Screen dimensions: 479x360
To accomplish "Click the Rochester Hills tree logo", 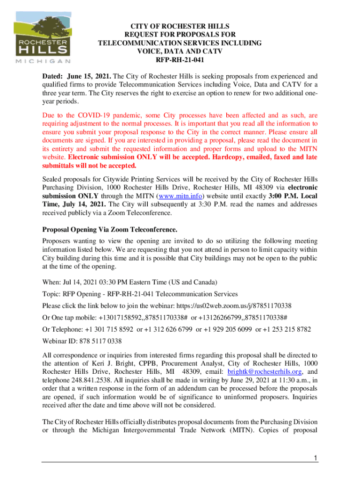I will click(43, 33).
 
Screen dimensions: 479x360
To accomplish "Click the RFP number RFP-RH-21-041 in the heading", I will click(180, 60).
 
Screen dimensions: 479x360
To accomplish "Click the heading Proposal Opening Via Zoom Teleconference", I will click(110, 230).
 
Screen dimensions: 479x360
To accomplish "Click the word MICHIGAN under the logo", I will click(43, 61).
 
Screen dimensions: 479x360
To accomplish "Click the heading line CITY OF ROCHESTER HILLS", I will click(180, 27).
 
